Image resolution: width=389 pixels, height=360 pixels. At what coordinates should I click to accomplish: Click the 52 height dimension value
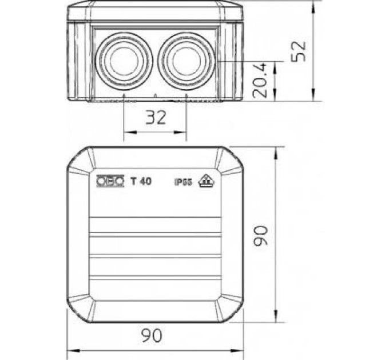click(299, 51)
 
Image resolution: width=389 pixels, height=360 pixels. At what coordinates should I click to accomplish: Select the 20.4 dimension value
click(260, 81)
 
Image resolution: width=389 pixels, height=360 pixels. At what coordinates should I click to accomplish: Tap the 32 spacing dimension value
click(156, 118)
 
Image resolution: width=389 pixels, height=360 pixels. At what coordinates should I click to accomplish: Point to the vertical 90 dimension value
click(261, 235)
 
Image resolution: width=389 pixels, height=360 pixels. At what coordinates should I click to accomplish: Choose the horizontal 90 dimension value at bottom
click(152, 335)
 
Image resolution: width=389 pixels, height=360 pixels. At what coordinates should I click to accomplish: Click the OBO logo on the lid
click(110, 181)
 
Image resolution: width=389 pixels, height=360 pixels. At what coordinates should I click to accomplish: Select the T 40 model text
click(141, 181)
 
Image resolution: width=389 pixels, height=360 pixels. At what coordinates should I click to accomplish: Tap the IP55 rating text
click(183, 183)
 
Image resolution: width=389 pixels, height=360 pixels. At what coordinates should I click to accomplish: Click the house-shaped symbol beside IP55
click(206, 181)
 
